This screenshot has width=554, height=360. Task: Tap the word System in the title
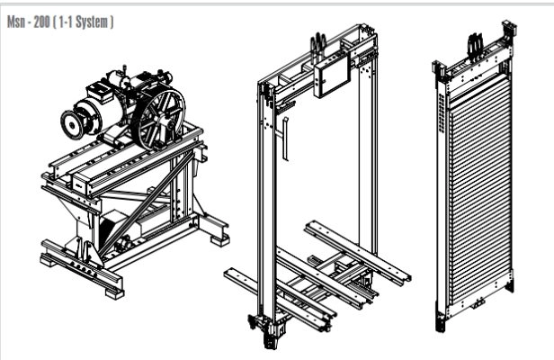click(92, 22)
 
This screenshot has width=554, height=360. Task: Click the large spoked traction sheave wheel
click(161, 119)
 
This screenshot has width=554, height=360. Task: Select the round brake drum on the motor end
click(74, 124)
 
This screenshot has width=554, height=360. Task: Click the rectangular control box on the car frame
click(332, 75)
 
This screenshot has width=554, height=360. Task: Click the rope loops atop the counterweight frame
click(475, 45)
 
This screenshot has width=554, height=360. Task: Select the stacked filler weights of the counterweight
click(480, 191)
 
